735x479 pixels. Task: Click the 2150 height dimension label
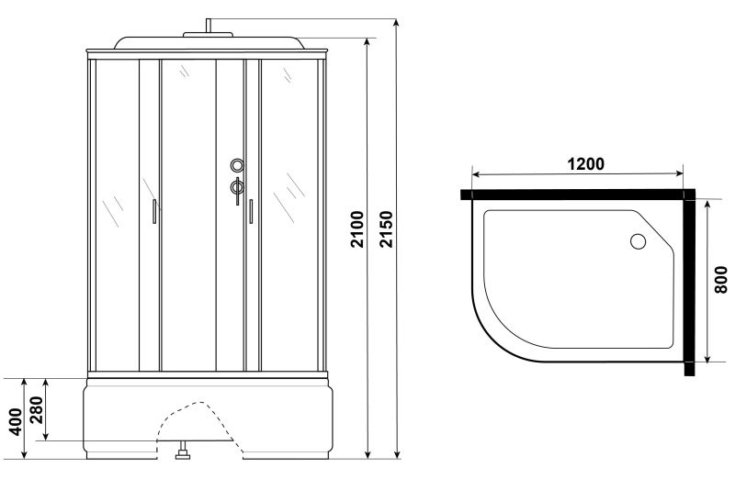(386, 229)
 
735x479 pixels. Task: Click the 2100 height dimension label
(357, 229)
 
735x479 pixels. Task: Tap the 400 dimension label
(16, 422)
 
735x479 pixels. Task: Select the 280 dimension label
(36, 410)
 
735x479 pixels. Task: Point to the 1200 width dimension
(585, 164)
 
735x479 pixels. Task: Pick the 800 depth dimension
(721, 280)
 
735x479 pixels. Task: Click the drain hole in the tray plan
(638, 241)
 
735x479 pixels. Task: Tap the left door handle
(154, 212)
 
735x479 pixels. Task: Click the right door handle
(251, 212)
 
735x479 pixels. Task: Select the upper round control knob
(237, 165)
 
